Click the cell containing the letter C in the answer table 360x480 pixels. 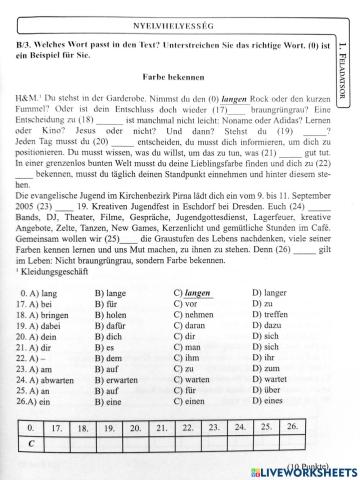30,444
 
